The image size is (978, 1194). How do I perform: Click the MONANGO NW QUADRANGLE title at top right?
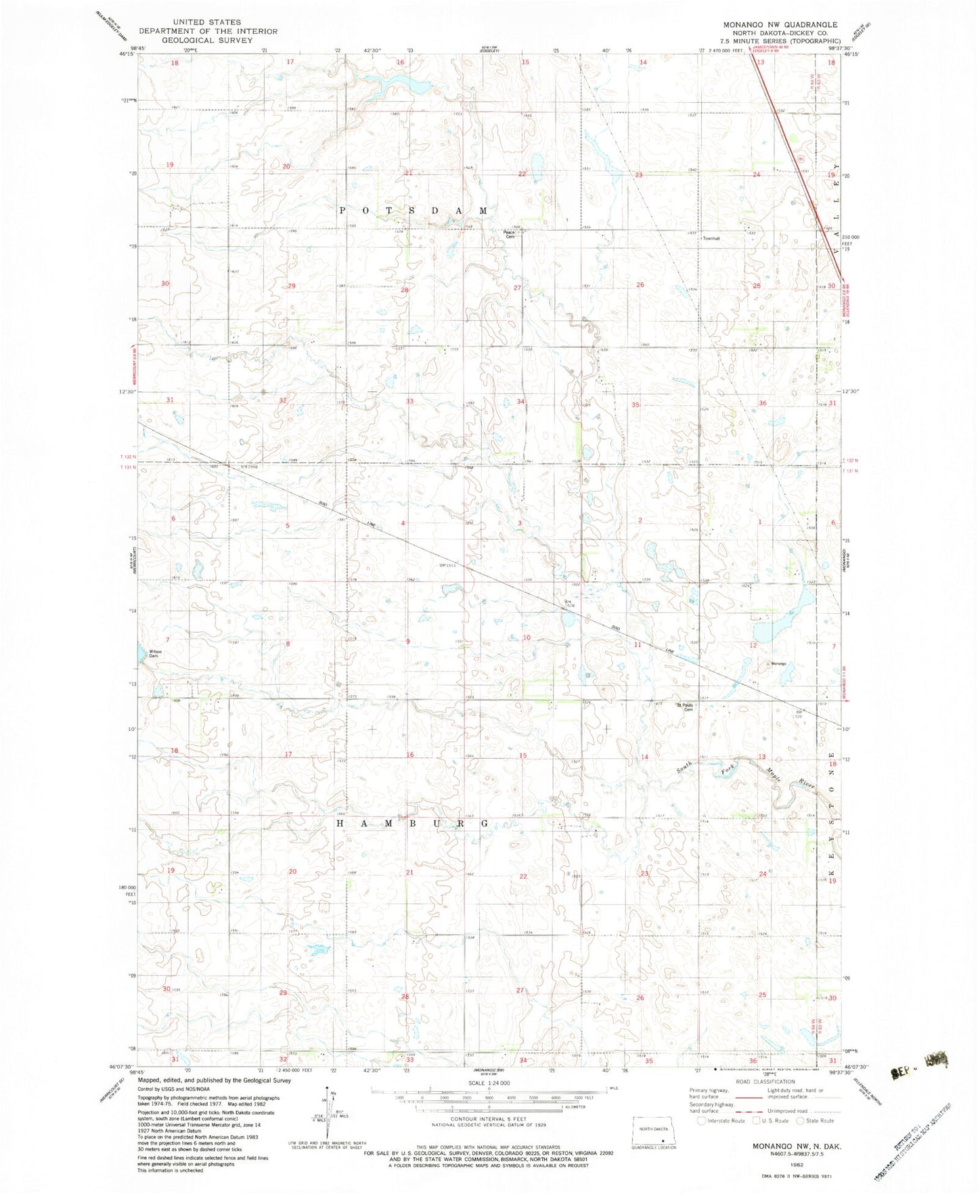(780, 24)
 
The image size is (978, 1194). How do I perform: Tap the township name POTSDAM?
(412, 211)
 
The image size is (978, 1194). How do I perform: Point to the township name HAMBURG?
(412, 824)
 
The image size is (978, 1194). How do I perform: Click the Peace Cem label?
(509, 234)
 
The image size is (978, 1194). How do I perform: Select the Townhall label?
(711, 238)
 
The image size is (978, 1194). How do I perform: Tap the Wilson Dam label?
(154, 654)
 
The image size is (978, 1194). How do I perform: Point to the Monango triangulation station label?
(777, 663)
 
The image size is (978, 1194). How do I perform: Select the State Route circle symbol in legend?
(801, 1120)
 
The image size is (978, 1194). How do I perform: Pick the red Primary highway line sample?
(748, 1097)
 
